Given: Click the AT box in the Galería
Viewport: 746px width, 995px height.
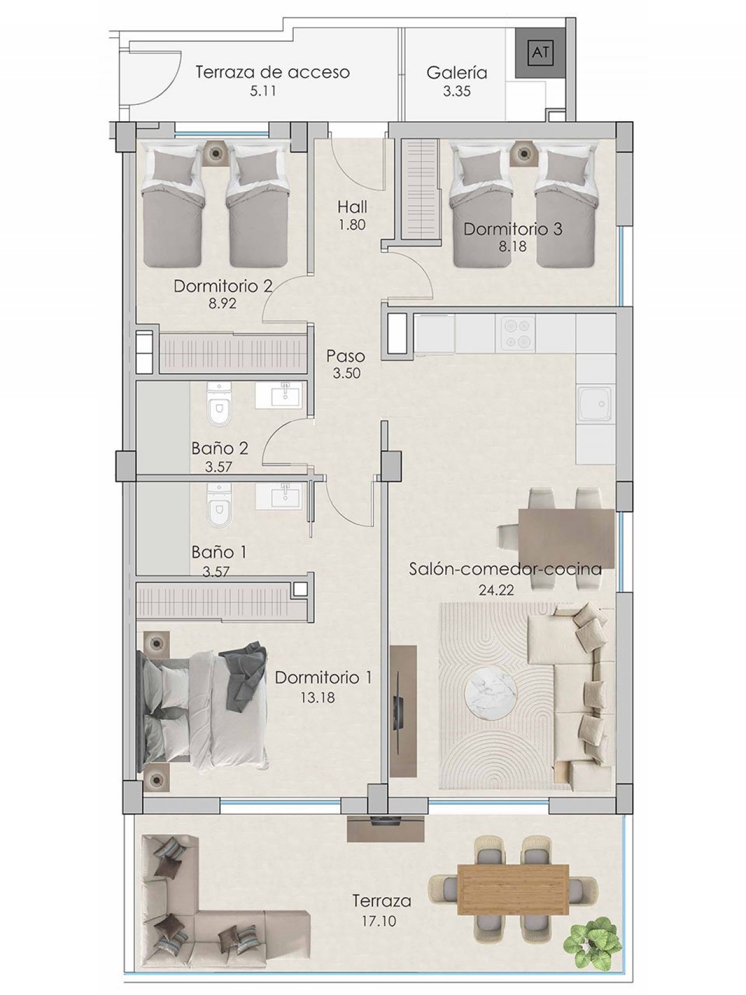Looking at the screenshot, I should click(540, 52).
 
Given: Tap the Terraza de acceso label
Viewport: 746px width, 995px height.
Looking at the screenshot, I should click(272, 72).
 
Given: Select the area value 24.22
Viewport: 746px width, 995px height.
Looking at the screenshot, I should click(496, 590).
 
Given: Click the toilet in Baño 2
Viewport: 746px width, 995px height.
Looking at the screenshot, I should click(219, 403).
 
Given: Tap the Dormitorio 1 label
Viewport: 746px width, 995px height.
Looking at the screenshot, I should click(323, 677).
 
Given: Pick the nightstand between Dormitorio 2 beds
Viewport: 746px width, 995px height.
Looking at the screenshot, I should click(216, 152).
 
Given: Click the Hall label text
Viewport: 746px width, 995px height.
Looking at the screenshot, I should click(352, 207).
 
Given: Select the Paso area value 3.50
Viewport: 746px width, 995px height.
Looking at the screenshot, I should click(346, 374).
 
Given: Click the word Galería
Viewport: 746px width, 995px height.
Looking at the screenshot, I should click(456, 73).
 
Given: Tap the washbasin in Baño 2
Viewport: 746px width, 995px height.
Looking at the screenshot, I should click(278, 396).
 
